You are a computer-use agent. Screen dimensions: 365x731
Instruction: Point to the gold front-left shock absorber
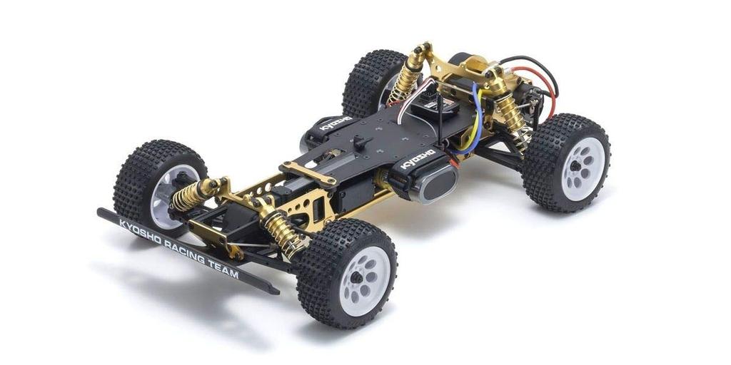[x=189, y=195]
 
